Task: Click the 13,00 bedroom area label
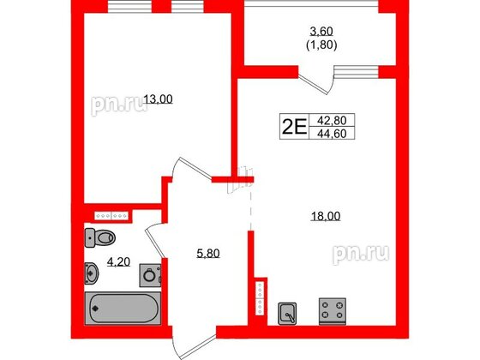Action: tap(157, 99)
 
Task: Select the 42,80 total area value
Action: tap(331, 122)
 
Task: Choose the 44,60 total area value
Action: tap(331, 135)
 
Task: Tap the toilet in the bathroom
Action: tap(102, 237)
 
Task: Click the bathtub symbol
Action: tap(125, 306)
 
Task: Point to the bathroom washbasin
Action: tap(93, 273)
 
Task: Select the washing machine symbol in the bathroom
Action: tap(151, 275)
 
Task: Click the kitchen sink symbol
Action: tap(290, 312)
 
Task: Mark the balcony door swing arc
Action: tap(325, 87)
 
